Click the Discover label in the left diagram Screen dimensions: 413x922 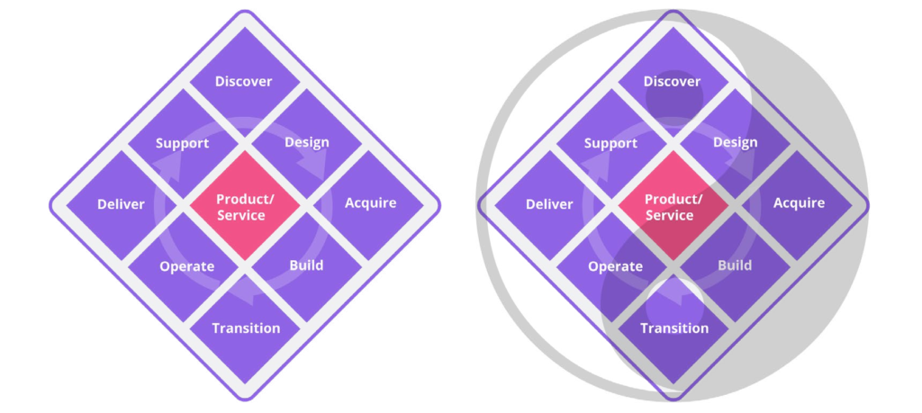point(243,81)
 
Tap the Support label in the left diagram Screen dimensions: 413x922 point(182,143)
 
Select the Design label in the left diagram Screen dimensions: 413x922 point(306,142)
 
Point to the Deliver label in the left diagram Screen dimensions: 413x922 point(121,204)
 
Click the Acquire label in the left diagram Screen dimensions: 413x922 point(370,202)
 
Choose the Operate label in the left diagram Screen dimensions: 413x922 point(186,266)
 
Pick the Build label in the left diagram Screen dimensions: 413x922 point(306,265)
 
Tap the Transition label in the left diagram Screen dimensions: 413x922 point(246,328)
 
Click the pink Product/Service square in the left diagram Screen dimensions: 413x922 point(243,207)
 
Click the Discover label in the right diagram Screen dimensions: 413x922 point(672,81)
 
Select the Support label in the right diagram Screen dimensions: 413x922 point(610,143)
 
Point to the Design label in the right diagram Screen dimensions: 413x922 point(735,142)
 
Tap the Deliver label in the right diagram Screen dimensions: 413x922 point(549,204)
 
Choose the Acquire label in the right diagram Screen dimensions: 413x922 point(799,202)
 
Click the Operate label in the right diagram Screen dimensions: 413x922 point(615,266)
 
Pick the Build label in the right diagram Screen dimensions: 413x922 point(735,265)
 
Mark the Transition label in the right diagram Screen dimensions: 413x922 point(674,328)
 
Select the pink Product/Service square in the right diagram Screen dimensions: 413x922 point(672,207)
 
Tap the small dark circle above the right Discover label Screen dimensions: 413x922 point(672,106)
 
